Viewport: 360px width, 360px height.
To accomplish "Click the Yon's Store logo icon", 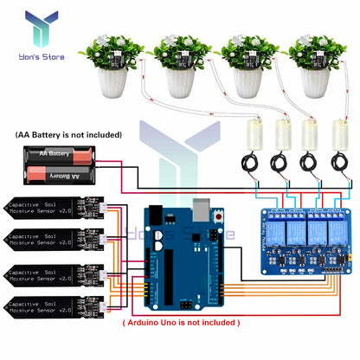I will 42,27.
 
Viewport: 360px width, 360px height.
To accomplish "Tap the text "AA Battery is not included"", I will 68,135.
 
